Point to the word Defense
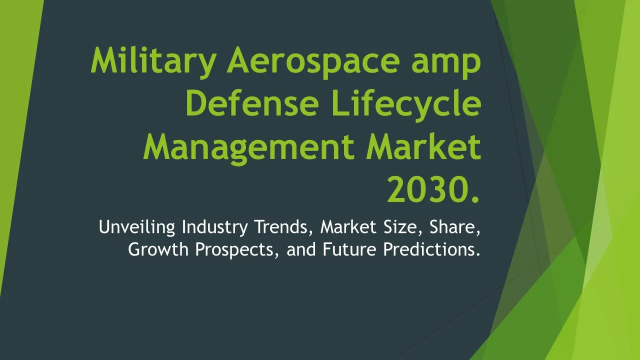tap(252, 103)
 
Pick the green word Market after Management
tap(423, 146)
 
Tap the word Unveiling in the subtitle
tap(137, 227)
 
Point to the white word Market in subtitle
tap(348, 227)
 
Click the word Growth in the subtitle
tap(158, 249)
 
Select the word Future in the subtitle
tap(349, 249)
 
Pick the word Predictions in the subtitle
tap(431, 249)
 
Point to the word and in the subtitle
tap(301, 249)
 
